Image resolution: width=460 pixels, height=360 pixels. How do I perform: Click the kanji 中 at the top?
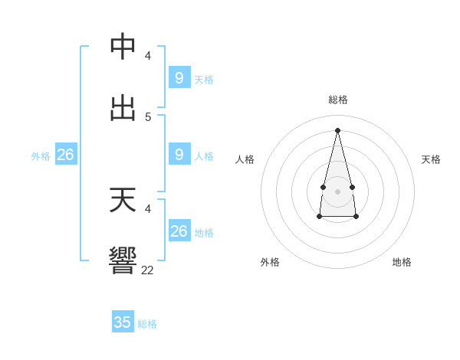click(123, 46)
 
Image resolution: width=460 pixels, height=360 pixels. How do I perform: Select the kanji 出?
click(123, 108)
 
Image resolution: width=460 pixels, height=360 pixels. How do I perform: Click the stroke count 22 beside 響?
click(148, 270)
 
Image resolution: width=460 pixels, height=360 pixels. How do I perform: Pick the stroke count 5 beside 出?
click(148, 116)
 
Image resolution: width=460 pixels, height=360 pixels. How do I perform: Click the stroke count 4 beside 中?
click(148, 55)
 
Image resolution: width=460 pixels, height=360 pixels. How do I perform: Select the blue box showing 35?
click(123, 322)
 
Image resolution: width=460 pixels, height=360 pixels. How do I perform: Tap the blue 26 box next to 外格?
click(65, 155)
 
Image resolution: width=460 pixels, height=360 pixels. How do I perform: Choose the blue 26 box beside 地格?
click(179, 231)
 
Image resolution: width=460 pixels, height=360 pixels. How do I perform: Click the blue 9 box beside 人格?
click(179, 155)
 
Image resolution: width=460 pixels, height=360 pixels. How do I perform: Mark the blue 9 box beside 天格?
click(179, 77)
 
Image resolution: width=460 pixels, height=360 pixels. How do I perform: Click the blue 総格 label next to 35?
click(147, 324)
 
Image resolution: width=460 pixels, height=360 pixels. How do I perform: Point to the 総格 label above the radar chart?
click(338, 100)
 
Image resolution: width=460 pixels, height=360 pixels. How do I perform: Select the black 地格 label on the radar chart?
click(402, 262)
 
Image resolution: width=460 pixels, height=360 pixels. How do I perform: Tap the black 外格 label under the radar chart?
click(270, 262)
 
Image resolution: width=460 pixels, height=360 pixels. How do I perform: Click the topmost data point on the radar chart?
click(337, 129)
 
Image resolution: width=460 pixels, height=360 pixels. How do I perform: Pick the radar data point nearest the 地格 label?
click(356, 217)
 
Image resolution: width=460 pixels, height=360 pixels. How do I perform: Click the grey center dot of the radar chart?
click(337, 191)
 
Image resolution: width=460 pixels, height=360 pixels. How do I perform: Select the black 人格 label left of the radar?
click(245, 159)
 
